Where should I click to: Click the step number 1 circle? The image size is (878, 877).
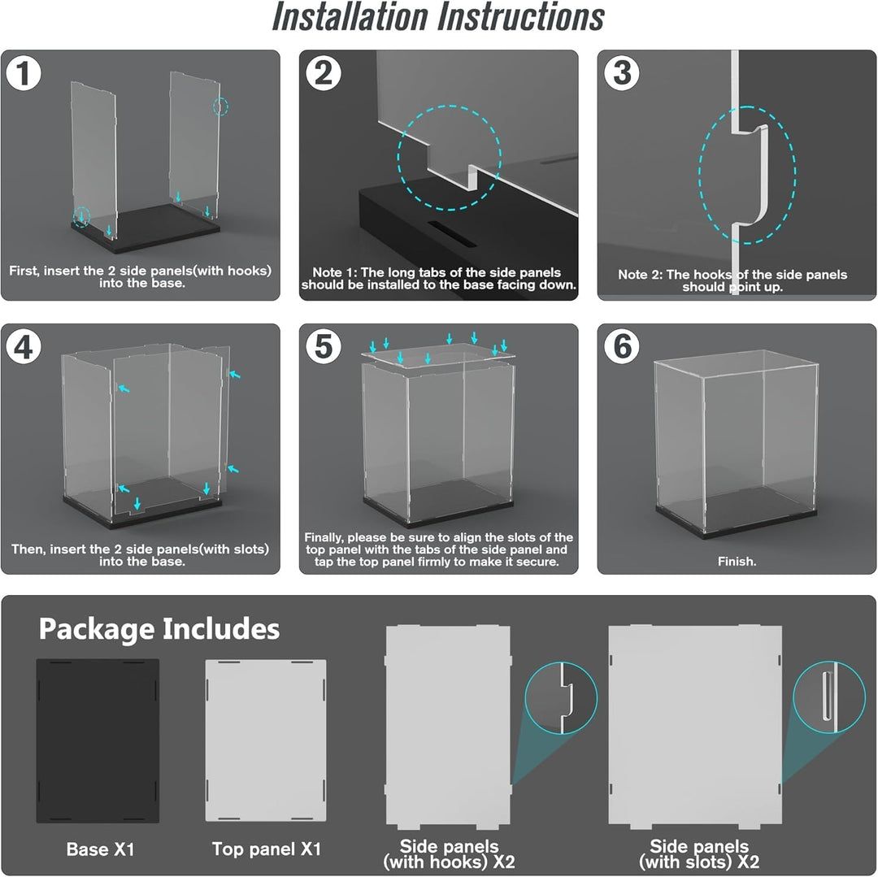pos(24,73)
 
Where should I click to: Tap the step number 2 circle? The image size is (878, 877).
pos(323,73)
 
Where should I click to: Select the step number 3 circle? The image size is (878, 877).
pos(622,73)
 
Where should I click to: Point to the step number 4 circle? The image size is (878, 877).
pos(24,347)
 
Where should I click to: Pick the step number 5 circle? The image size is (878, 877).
pos(323,347)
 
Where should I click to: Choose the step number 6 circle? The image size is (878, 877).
pos(622,347)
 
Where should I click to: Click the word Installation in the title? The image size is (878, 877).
pos(350,17)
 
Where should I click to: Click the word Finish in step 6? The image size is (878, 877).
pos(736,562)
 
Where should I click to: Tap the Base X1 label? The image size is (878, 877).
pos(101,849)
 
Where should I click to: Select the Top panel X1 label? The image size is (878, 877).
pos(267,849)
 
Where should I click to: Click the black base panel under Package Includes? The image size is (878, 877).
pos(98,741)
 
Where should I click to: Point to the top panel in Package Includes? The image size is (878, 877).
pos(266,740)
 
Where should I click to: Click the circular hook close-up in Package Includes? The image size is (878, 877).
pos(561,698)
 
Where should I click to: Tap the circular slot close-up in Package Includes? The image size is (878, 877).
pos(829,697)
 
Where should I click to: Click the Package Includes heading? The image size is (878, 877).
pos(159,629)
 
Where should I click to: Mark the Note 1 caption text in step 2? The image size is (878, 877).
pos(438,279)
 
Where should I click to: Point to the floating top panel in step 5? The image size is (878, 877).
pos(438,354)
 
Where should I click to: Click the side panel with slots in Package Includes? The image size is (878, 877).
pos(695,727)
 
